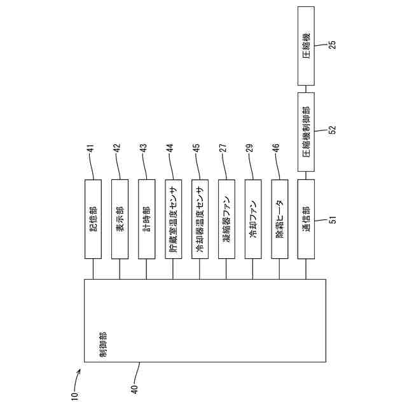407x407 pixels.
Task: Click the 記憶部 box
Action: pos(93,219)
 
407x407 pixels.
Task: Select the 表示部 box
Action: pos(120,219)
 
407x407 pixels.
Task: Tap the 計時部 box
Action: pos(146,219)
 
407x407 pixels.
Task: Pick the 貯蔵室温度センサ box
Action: pos(173,219)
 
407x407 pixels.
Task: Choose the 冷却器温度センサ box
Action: pos(200,219)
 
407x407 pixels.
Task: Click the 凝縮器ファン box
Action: pos(226,219)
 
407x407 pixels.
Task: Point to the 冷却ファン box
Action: pos(253,219)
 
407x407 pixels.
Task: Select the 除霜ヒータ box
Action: pos(280,219)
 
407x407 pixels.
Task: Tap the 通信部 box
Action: pos(307,219)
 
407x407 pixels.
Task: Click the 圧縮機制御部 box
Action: pos(307,132)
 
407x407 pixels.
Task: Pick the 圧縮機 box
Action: pos(307,46)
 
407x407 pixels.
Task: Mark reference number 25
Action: pos(331,45)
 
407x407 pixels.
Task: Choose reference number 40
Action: pos(134,383)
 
